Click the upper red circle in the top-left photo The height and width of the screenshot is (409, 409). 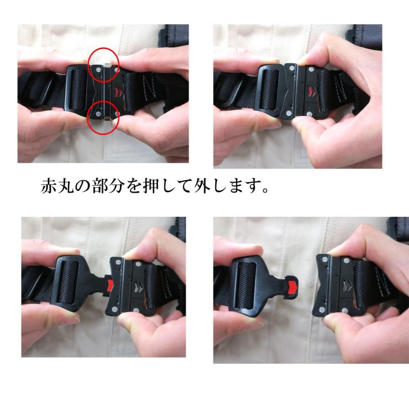pos(104,65)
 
